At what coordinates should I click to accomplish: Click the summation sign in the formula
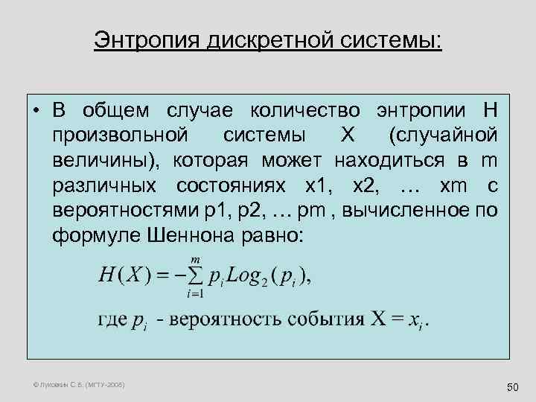coord(195,278)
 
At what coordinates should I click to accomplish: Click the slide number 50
coord(511,387)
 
